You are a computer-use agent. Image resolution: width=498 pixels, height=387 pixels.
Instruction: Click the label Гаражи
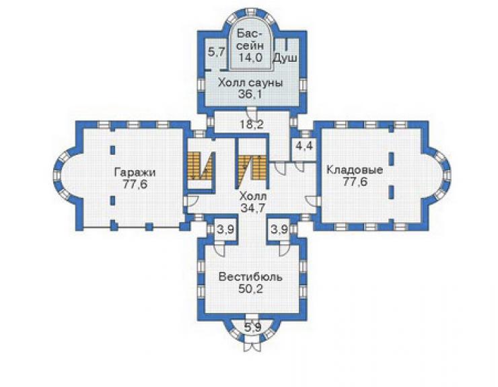coord(135,172)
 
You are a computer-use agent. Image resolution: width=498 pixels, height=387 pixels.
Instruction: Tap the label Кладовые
coord(355,170)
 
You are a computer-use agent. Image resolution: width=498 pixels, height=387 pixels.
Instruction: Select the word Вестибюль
coord(250,277)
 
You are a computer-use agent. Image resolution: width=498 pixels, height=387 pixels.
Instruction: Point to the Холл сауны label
coord(250,83)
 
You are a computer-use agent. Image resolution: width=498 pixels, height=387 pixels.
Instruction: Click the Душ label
coord(285,58)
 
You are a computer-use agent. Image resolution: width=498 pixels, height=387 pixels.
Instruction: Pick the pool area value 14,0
coord(250,58)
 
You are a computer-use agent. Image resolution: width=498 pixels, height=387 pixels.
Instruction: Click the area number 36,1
coord(250,94)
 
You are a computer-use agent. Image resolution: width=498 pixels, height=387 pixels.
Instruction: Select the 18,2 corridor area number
coord(251,125)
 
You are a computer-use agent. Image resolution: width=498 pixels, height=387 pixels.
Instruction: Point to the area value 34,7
coord(253,208)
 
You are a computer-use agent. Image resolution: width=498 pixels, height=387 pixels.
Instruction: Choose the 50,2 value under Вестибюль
coord(250,289)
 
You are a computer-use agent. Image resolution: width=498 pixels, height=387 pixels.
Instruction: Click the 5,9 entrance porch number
coord(252,327)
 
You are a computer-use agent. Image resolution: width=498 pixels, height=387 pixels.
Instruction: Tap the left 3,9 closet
coord(225,229)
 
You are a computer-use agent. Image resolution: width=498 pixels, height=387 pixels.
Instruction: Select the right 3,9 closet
coord(279,229)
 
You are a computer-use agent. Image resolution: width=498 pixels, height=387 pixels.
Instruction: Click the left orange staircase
coord(200,166)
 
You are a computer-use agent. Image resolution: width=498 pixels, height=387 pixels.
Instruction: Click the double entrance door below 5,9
coord(252,347)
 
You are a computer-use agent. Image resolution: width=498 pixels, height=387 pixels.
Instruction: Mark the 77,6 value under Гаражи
coord(135,184)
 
